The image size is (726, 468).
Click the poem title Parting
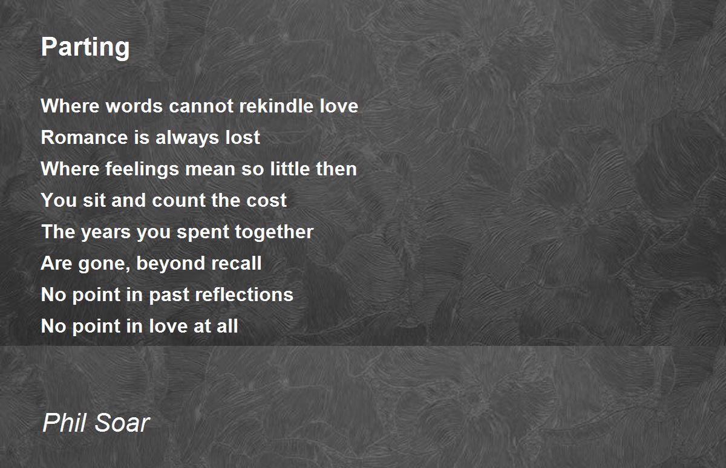click(x=85, y=48)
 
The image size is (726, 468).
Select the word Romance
click(x=84, y=137)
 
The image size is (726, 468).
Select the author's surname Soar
click(x=122, y=423)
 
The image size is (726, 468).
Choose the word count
click(x=178, y=201)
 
